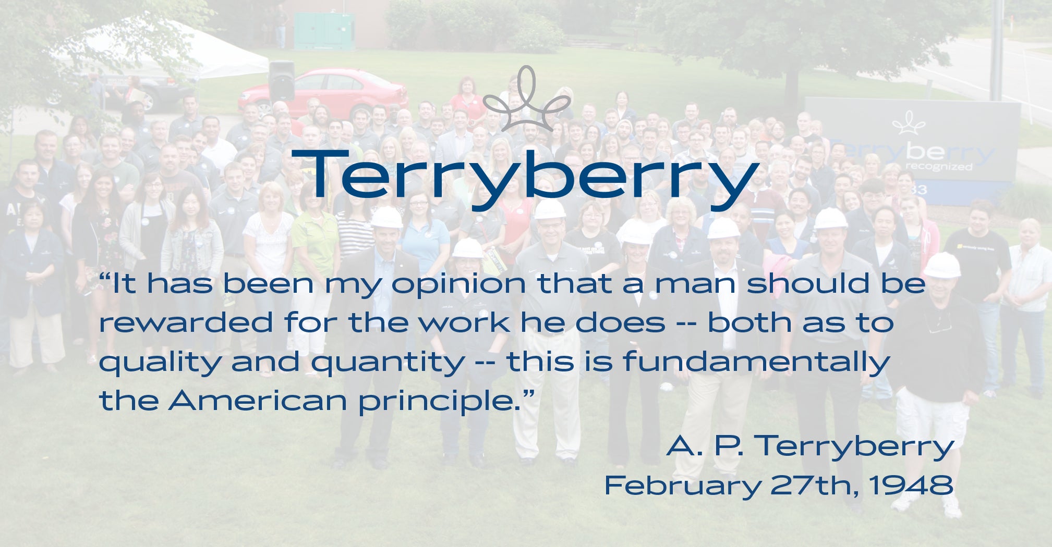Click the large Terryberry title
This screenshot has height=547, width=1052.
pyautogui.click(x=525, y=179)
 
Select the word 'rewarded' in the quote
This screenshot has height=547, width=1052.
pyautogui.click(x=186, y=322)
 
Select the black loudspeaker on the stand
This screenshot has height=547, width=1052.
pyautogui.click(x=282, y=81)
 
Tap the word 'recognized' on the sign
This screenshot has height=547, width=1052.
pyautogui.click(x=938, y=167)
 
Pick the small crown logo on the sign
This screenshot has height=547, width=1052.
pyautogui.click(x=909, y=123)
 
